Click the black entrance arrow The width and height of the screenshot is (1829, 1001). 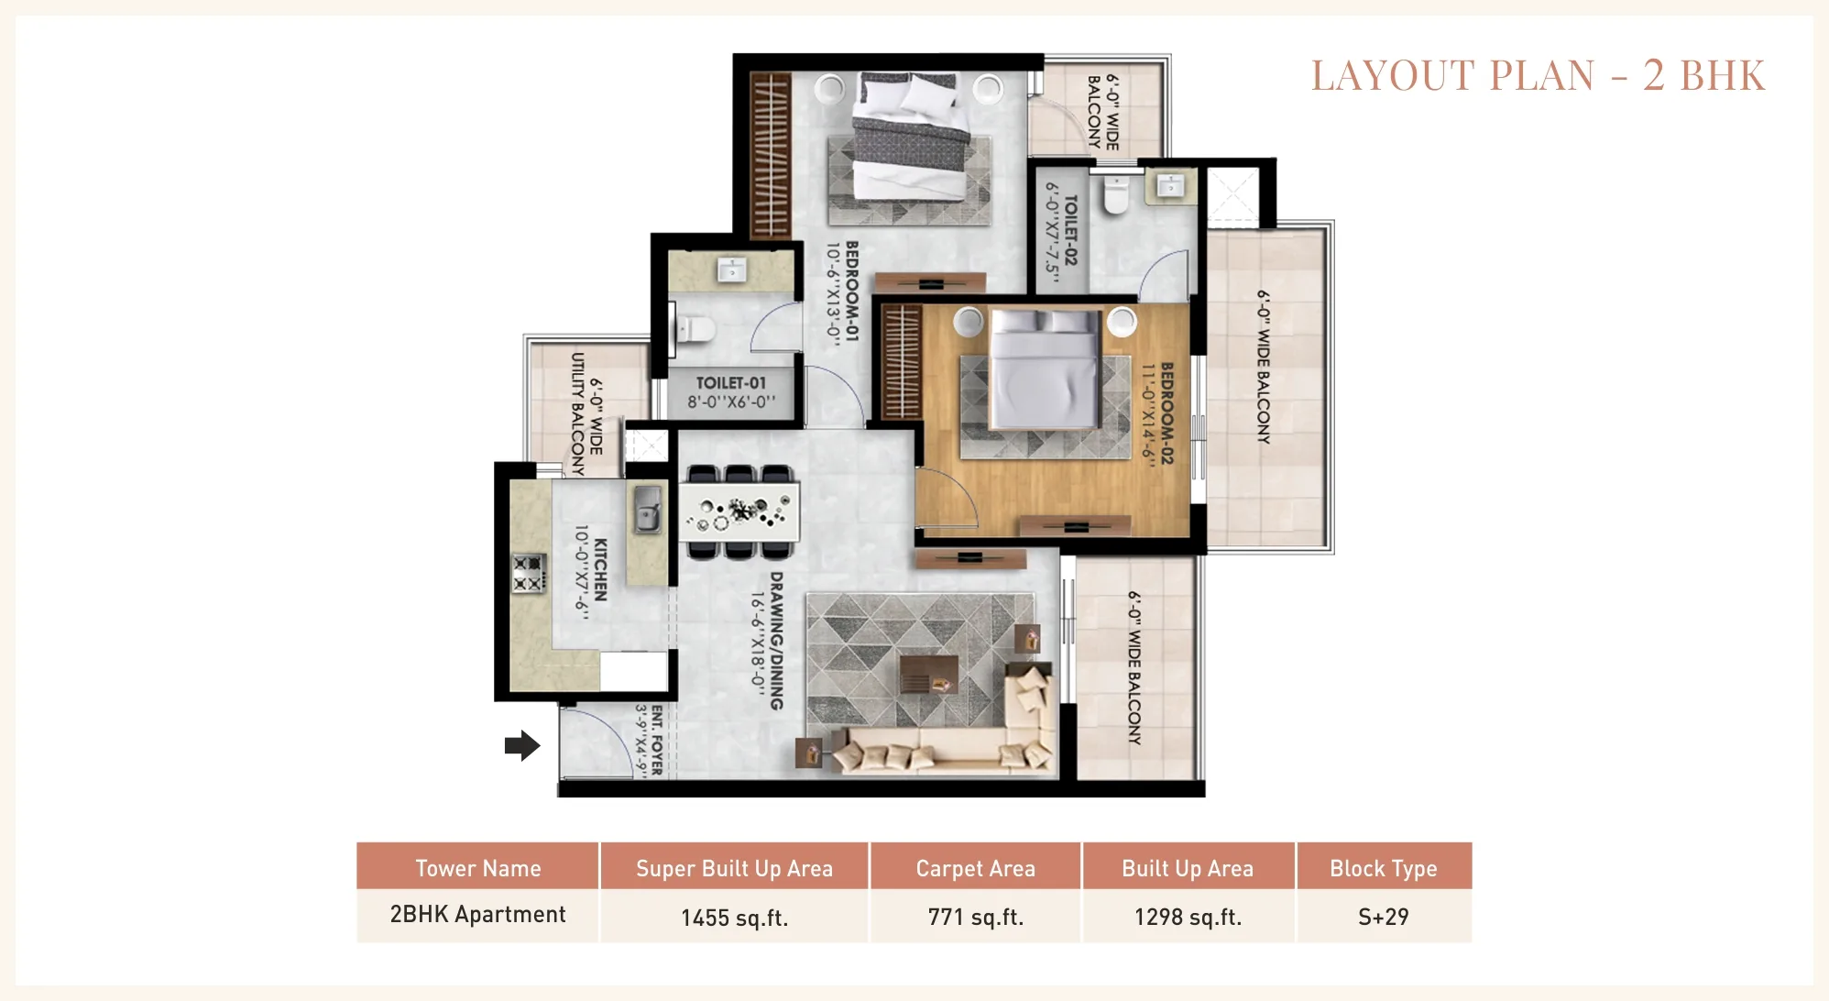tap(522, 745)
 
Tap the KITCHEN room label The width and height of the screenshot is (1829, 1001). tap(600, 569)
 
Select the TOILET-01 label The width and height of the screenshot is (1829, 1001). tap(730, 383)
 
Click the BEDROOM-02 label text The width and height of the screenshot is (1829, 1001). tap(1166, 412)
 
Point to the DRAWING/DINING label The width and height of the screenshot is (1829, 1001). tap(776, 641)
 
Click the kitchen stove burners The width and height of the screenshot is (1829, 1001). tap(528, 574)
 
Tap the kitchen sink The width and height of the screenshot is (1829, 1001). tap(648, 509)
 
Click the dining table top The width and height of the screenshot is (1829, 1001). tap(739, 511)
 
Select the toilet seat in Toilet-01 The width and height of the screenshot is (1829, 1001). tap(694, 329)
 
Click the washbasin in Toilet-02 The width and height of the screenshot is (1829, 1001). tap(1170, 186)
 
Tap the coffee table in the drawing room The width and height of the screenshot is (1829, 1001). tap(929, 674)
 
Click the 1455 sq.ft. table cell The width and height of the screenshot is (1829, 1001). tap(734, 918)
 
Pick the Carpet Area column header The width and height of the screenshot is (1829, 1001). tap(975, 868)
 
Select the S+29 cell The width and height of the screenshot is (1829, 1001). tap(1384, 917)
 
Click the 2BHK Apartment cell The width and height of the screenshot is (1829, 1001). tap(477, 915)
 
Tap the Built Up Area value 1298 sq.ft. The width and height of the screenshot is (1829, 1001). tap(1188, 917)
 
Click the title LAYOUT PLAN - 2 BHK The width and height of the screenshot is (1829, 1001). tap(1538, 75)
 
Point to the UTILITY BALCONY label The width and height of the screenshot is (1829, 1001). tap(577, 414)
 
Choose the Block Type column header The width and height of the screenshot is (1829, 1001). tap(1384, 868)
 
